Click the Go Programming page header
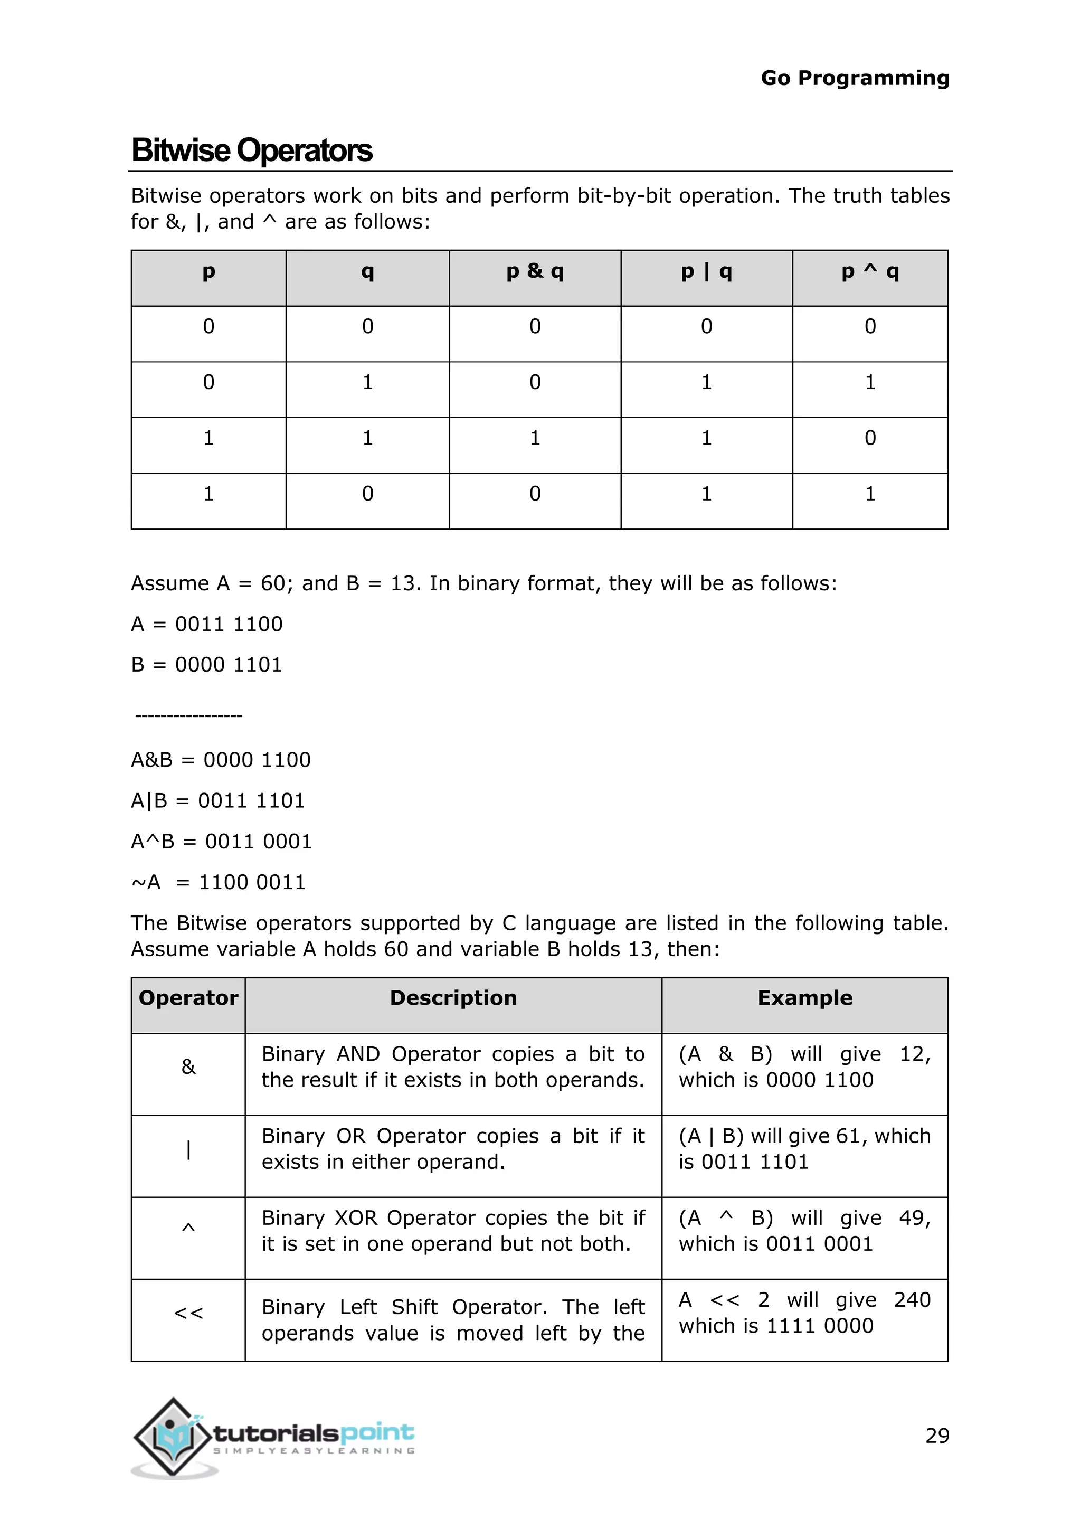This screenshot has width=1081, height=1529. [855, 78]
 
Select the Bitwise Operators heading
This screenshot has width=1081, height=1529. [252, 150]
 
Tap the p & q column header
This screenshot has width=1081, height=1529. [535, 272]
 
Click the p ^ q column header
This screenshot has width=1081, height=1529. [869, 272]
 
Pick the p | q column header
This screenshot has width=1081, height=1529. [706, 272]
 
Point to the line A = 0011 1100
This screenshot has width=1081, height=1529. [207, 624]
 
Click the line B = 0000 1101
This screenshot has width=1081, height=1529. [207, 665]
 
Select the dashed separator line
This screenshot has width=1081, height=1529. [189, 716]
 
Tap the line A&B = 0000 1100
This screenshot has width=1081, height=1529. [221, 760]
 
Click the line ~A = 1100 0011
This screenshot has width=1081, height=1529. [219, 882]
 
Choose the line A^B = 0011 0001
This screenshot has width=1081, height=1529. [222, 842]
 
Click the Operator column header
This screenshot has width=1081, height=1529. [188, 997]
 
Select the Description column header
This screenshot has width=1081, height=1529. [453, 997]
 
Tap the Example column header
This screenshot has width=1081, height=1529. [805, 997]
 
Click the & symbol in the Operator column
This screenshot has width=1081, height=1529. [188, 1067]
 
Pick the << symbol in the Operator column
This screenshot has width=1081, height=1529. [188, 1313]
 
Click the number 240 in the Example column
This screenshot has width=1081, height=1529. [912, 1300]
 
